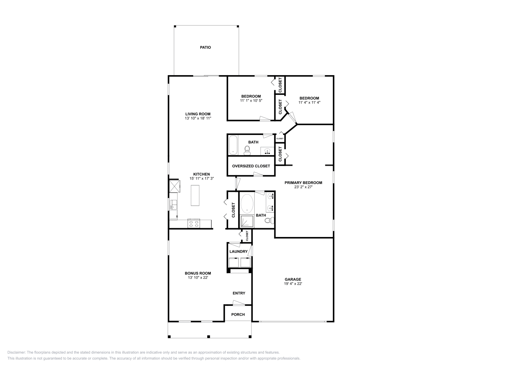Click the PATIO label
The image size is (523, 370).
click(205, 47)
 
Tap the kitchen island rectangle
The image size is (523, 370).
click(195, 195)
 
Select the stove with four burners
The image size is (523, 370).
click(194, 224)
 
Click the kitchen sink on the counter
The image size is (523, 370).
click(173, 205)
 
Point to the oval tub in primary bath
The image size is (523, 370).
click(247, 203)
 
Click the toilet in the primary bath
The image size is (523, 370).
click(269, 221)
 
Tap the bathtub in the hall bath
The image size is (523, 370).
click(233, 144)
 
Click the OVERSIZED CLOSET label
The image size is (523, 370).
click(251, 166)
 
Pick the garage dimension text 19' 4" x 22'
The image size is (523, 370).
click(293, 284)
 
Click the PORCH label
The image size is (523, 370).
click(238, 314)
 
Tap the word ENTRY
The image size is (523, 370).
click(239, 293)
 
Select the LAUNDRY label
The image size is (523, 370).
click(238, 251)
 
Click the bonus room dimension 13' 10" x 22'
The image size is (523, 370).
click(198, 277)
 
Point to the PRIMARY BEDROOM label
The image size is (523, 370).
click(303, 183)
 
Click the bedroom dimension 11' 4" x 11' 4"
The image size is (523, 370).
click(309, 102)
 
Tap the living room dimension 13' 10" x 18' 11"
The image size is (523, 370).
click(198, 118)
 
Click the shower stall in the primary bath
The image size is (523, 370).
click(247, 221)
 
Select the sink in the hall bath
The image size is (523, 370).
click(267, 151)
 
